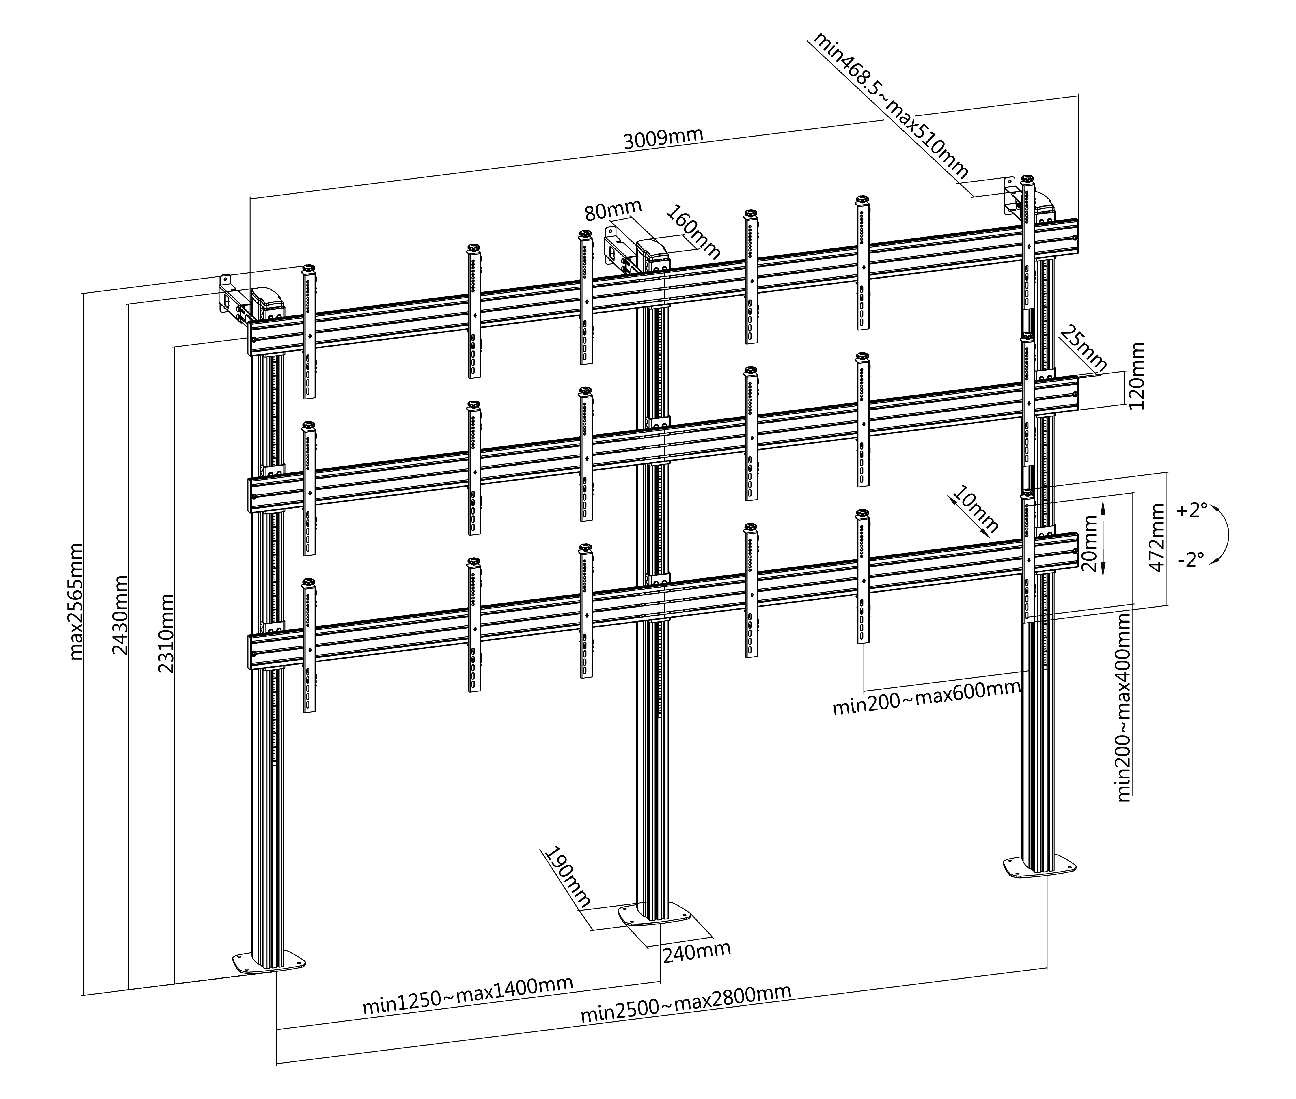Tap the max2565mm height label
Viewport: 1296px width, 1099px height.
[x=76, y=601]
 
